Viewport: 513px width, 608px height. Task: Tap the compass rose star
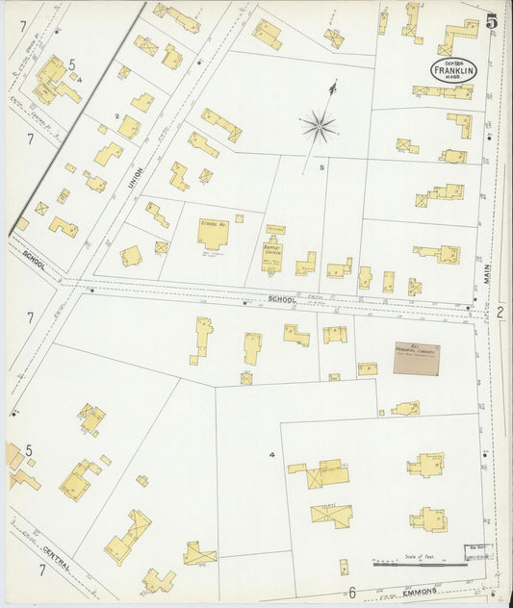[x=319, y=124]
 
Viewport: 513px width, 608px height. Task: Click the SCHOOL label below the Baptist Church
[x=281, y=299]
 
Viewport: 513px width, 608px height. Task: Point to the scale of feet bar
[x=419, y=565]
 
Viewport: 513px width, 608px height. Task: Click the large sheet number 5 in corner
[x=491, y=21]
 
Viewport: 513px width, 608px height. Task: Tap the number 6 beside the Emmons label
[x=352, y=592]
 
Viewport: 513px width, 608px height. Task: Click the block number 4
[x=273, y=454]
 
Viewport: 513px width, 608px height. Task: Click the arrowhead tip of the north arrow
[x=332, y=85]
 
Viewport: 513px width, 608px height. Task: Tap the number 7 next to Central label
[x=42, y=570]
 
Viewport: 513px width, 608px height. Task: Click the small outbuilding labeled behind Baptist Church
[x=276, y=229]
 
